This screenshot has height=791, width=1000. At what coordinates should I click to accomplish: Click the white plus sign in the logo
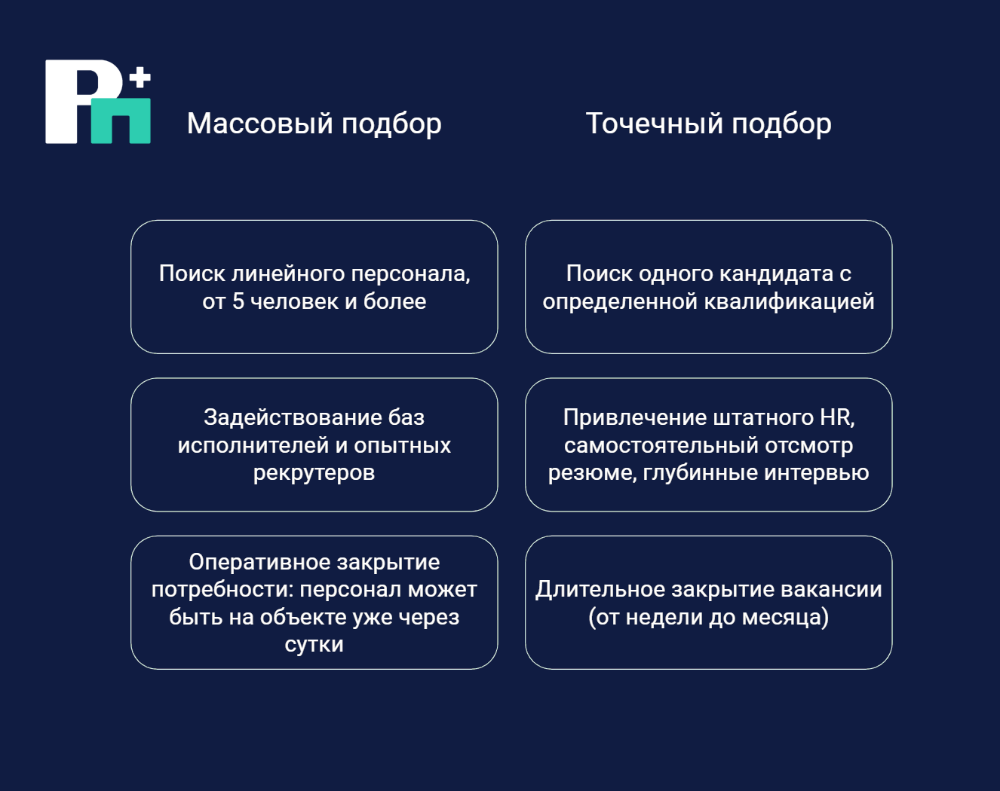[140, 78]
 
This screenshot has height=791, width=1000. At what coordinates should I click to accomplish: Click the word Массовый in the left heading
[260, 124]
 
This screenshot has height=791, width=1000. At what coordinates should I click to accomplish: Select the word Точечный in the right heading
[654, 124]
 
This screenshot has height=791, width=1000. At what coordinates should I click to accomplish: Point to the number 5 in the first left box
[238, 301]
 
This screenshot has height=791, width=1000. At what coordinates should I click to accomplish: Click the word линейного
[288, 274]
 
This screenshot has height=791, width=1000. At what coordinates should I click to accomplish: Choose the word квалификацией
[790, 302]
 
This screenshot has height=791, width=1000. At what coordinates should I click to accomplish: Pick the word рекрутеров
[314, 473]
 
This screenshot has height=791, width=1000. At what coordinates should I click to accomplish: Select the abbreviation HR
[836, 417]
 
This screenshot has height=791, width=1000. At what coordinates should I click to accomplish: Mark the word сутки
[314, 645]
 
